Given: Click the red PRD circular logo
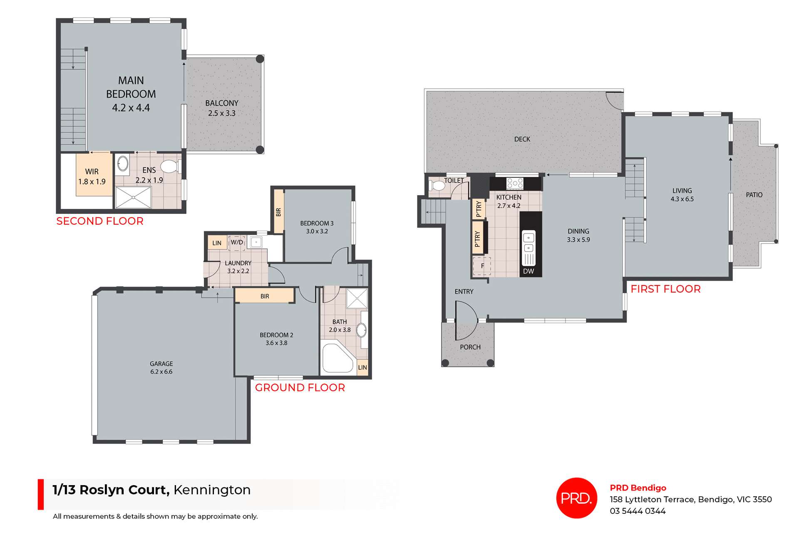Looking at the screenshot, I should (x=576, y=498).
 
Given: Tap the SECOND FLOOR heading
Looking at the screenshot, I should (x=100, y=221).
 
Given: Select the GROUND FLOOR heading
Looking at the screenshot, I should (x=300, y=387).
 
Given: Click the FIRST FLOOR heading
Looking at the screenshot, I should (x=665, y=289).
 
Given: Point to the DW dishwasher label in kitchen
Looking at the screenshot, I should (x=529, y=271).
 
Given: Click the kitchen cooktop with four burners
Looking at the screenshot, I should (x=515, y=183).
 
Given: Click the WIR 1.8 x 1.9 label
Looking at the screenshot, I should (x=92, y=176).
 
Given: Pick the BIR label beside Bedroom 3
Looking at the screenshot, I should (x=278, y=212).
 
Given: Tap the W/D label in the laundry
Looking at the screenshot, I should (x=237, y=242).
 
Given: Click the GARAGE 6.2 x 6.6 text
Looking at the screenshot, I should (x=161, y=367).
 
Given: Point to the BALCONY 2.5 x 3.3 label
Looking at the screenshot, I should (x=222, y=108).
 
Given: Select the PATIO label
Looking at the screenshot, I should (x=754, y=195).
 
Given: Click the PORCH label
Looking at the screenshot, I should (x=470, y=347).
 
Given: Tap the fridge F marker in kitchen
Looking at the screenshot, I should (x=482, y=266).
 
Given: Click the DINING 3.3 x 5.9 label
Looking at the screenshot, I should (x=578, y=235).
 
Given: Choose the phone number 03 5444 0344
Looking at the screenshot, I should (x=638, y=511).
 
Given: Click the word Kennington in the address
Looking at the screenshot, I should (x=212, y=490).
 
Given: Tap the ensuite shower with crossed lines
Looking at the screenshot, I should (x=133, y=197).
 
